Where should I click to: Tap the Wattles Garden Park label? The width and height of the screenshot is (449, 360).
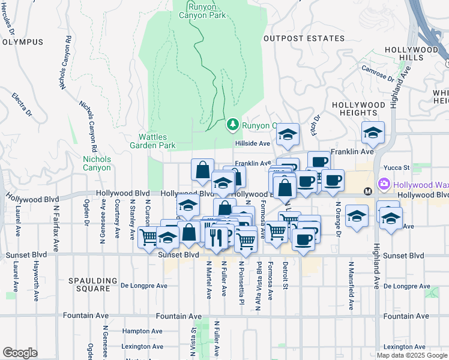click(x=152, y=141)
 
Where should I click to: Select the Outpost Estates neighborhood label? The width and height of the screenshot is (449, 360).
click(x=304, y=38)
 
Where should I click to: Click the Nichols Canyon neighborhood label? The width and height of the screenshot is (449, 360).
click(x=97, y=163)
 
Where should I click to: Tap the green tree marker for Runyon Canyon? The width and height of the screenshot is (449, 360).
click(x=232, y=125)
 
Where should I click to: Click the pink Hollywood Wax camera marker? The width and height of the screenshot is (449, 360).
click(x=382, y=184)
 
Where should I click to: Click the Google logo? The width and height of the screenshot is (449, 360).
click(x=19, y=352)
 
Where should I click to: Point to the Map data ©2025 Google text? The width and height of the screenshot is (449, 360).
click(x=411, y=355)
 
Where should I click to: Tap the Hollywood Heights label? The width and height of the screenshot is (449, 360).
click(x=358, y=109)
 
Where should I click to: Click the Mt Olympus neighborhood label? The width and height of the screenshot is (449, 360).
click(x=22, y=42)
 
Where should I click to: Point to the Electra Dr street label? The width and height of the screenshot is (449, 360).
click(x=22, y=104)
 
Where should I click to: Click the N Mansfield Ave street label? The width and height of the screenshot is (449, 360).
click(x=350, y=275)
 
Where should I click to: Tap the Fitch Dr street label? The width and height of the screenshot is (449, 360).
click(x=315, y=124)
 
